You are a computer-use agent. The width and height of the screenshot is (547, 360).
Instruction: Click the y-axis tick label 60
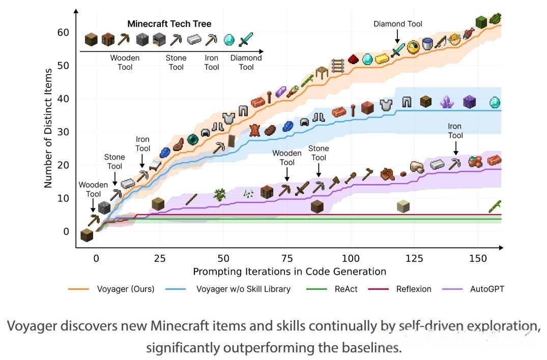(x=63, y=33)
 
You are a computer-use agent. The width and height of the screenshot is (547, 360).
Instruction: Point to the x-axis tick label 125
(x=414, y=258)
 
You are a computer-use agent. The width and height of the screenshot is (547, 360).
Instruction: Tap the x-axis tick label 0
(x=96, y=258)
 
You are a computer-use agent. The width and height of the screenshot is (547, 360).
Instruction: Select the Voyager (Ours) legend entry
(x=111, y=289)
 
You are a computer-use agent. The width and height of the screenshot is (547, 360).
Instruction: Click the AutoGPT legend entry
(x=473, y=289)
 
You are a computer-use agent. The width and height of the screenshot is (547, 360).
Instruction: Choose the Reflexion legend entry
(x=400, y=289)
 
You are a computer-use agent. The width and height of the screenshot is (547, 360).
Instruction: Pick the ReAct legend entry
(x=332, y=289)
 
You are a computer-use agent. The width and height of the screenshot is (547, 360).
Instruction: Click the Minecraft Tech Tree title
(x=169, y=24)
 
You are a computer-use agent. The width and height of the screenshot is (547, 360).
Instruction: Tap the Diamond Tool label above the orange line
(x=398, y=24)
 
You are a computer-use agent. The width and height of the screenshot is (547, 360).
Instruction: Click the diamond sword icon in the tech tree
(x=246, y=39)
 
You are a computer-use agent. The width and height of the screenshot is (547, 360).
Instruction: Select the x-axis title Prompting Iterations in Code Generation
(x=290, y=272)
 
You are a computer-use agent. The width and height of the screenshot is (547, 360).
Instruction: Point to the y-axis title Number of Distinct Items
(x=48, y=128)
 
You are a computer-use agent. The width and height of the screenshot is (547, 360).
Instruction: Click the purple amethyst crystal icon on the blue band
(x=447, y=102)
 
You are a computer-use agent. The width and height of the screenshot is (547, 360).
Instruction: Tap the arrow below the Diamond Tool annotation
(x=397, y=36)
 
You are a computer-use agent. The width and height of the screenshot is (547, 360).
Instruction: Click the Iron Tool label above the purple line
(x=455, y=131)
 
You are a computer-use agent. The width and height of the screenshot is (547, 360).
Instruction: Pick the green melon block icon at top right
(x=481, y=22)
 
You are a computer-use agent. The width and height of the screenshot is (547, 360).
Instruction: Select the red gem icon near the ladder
(x=353, y=59)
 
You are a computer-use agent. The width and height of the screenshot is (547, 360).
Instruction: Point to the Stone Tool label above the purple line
(x=319, y=153)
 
